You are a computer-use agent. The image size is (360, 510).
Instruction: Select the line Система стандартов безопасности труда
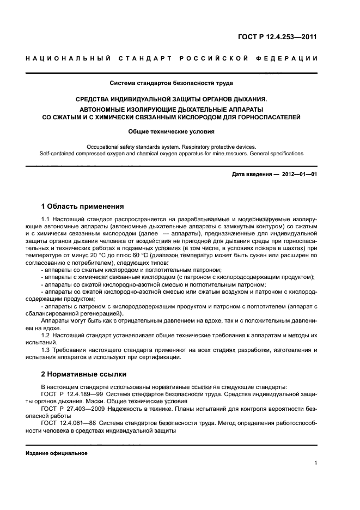[x=172, y=83]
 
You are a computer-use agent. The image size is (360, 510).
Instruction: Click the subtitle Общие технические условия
[x=172, y=131]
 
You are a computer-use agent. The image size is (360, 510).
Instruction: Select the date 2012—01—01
[x=298, y=174]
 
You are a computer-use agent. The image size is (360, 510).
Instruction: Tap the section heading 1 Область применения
[x=82, y=207]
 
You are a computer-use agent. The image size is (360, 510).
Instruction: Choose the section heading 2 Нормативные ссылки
[x=84, y=374]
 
